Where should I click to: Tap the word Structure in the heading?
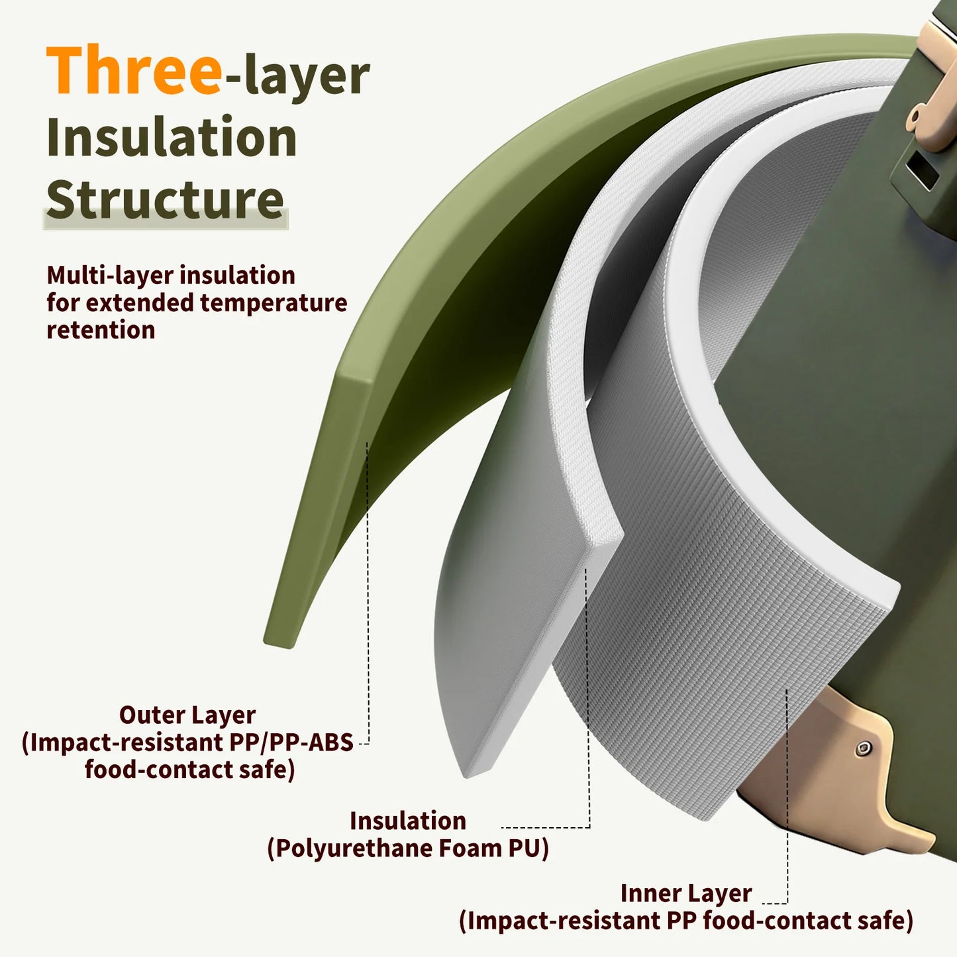(x=166, y=199)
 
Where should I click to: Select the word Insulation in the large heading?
(x=172, y=136)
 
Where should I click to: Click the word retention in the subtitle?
(x=101, y=330)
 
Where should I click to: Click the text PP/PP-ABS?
(x=291, y=743)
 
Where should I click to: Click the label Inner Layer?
(x=686, y=893)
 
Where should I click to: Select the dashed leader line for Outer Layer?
(x=368, y=593)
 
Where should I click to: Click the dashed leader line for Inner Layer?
(x=787, y=795)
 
